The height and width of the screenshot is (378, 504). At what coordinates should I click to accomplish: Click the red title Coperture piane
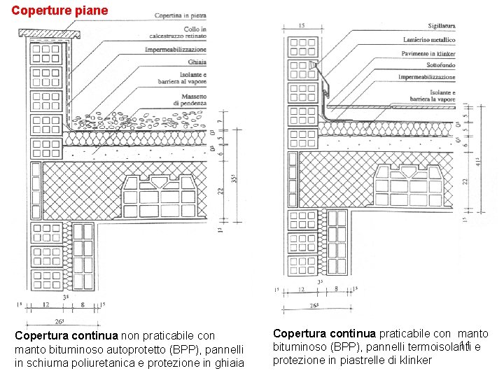click(60, 10)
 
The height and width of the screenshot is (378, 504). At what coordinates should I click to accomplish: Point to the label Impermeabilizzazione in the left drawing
click(176, 50)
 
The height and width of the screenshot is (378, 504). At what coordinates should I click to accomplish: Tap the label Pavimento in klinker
click(428, 54)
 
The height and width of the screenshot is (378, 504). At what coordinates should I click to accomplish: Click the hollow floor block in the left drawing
click(160, 197)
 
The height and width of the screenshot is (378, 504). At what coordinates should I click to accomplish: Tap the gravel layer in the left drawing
click(140, 120)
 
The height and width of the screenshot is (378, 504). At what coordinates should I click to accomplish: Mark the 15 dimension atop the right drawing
click(300, 25)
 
